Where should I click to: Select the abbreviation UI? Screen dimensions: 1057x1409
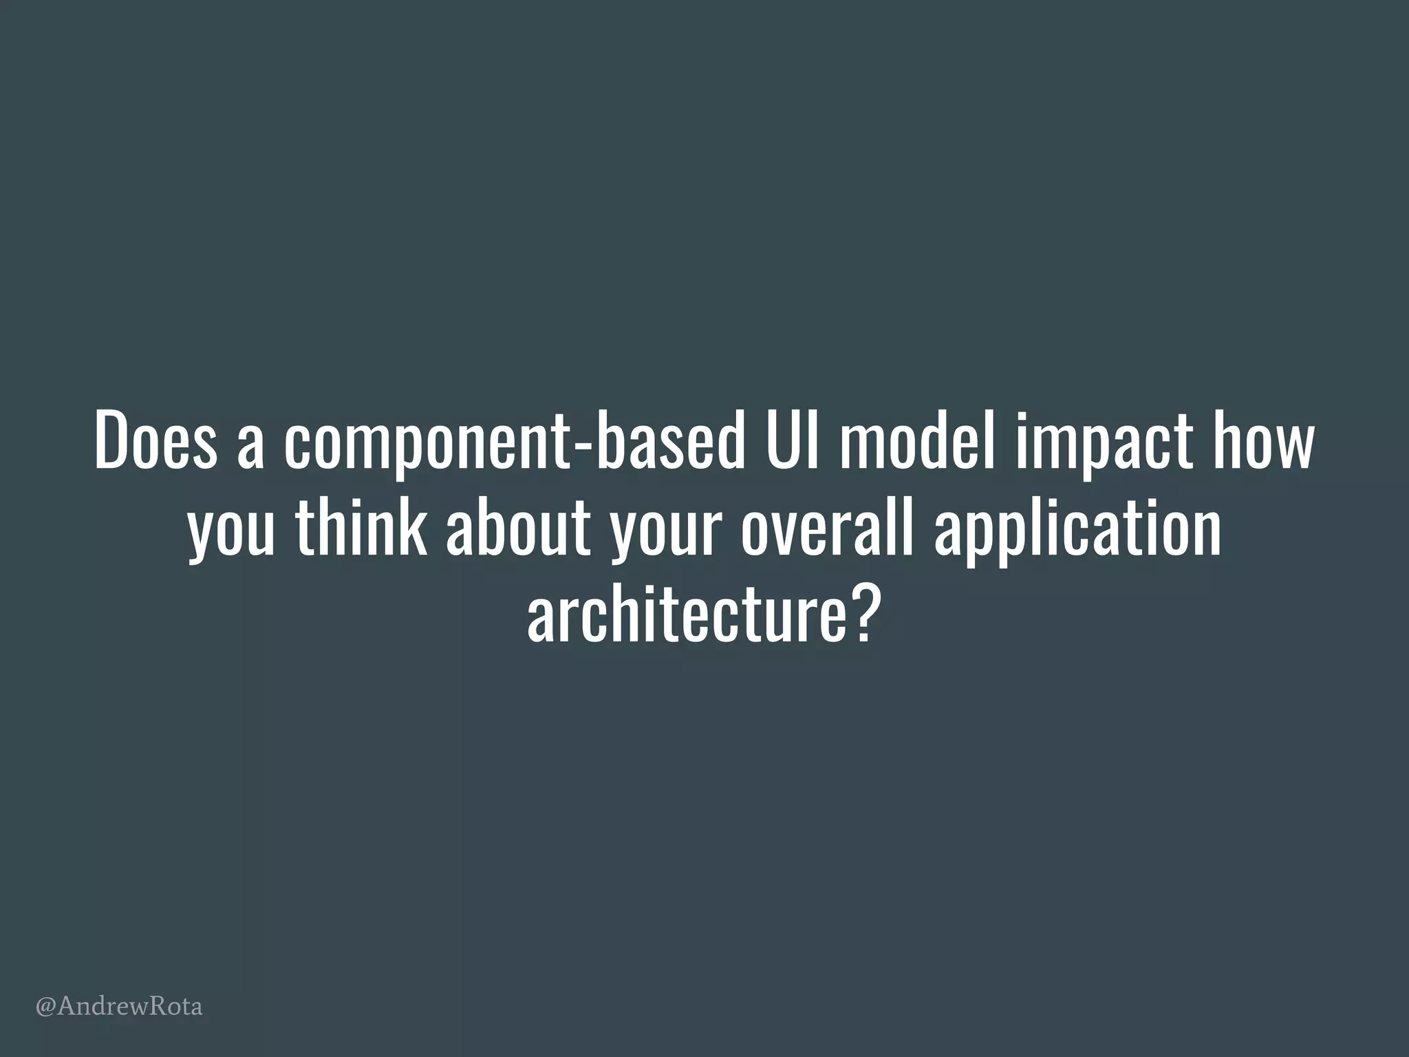click(x=789, y=441)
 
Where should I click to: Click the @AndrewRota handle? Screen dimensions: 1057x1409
click(x=119, y=1007)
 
